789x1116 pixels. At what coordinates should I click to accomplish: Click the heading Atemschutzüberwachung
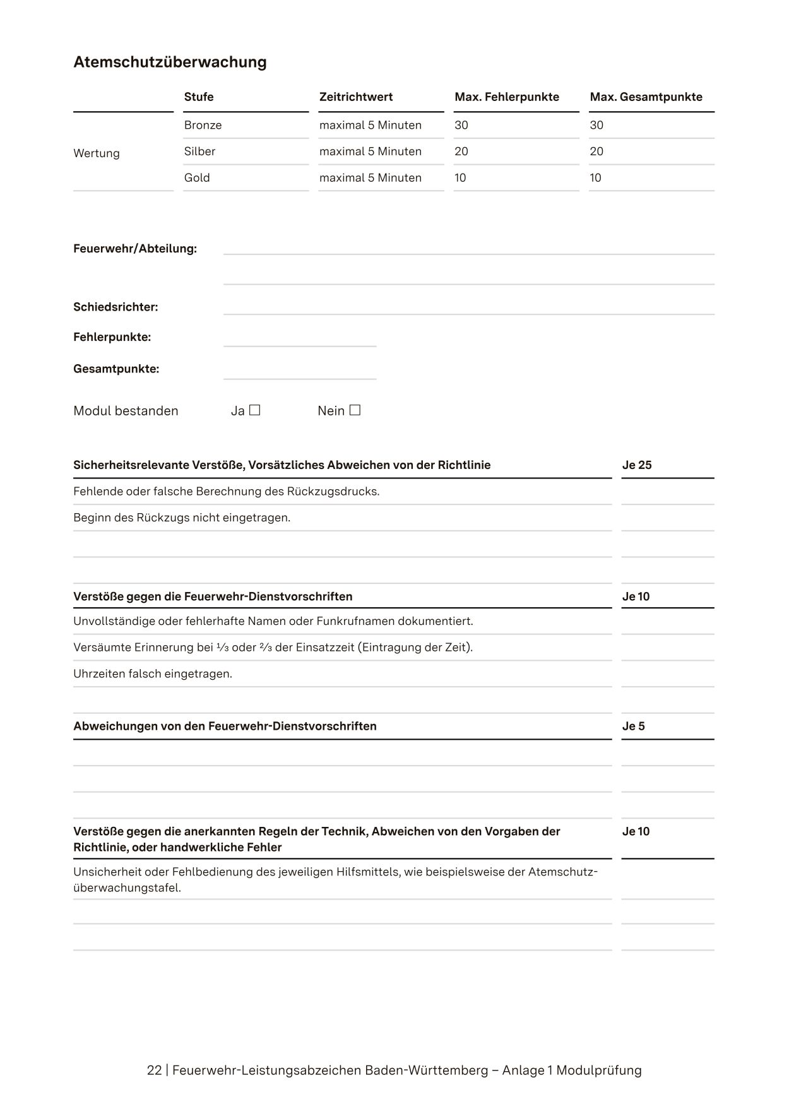(170, 62)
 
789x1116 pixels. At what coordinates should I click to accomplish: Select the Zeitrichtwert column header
(356, 97)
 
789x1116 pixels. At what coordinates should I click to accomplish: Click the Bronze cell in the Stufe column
(203, 125)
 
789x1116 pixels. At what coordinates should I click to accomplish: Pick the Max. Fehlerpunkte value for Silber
(461, 151)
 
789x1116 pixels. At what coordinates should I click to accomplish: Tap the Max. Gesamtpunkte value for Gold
(595, 178)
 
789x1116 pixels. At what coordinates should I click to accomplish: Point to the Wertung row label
(97, 153)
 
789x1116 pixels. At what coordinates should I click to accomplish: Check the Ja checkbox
(254, 410)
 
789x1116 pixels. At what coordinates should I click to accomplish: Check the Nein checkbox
(355, 410)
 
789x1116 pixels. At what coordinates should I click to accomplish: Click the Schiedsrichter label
(116, 307)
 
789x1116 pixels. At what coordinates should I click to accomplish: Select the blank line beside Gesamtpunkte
(300, 372)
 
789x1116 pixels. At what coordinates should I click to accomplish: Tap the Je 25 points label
(637, 465)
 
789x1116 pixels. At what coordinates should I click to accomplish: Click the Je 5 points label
(634, 727)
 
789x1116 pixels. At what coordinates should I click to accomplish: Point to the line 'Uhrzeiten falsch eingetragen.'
(153, 674)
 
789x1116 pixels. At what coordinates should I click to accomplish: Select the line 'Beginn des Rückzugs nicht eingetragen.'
(182, 518)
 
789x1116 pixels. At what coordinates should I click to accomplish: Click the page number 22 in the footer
(154, 1071)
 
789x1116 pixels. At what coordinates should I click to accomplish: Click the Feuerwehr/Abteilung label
(135, 249)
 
